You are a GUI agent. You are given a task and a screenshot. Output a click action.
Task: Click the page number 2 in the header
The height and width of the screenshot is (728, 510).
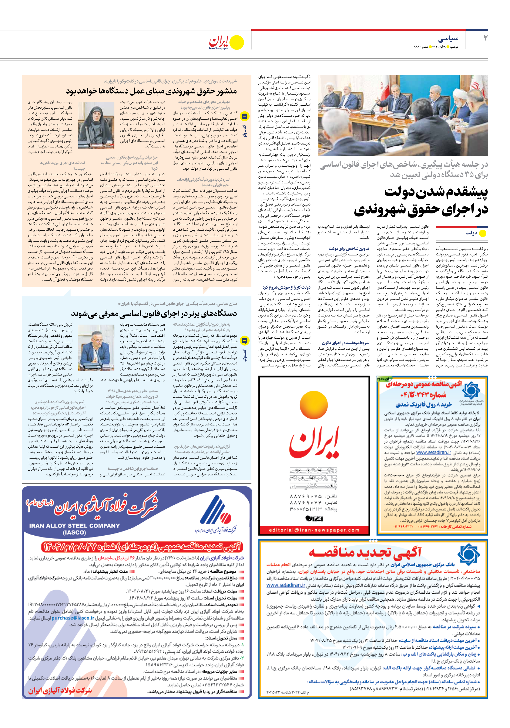pyautogui.click(x=485, y=38)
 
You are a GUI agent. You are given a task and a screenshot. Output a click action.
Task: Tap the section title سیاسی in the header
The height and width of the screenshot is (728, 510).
pyautogui.click(x=448, y=39)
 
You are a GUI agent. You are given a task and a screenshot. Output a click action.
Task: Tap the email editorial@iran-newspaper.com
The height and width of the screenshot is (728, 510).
pyautogui.click(x=314, y=530)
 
